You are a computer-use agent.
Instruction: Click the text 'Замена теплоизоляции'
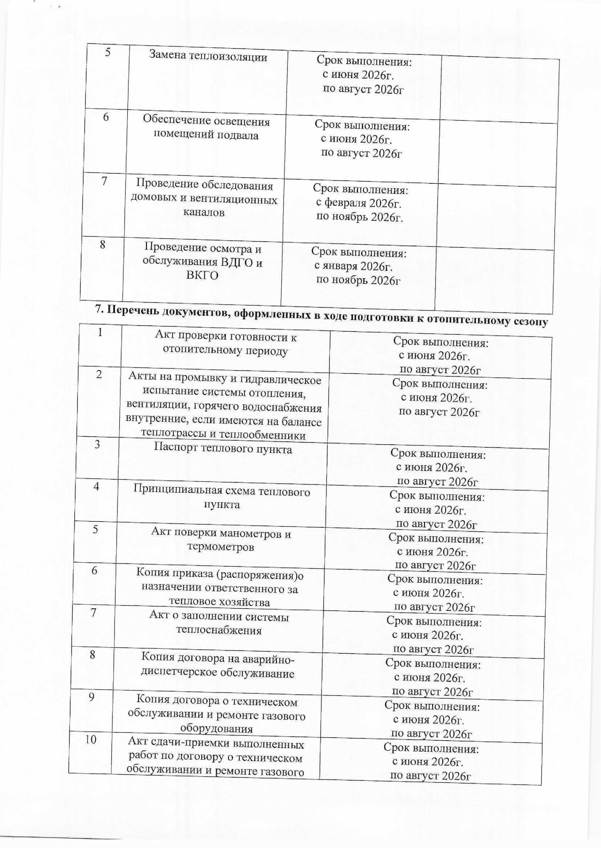(x=208, y=57)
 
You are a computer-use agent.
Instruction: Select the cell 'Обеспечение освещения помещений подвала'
(x=206, y=128)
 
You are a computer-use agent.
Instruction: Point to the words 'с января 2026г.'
(x=353, y=266)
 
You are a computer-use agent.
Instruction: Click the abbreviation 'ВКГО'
(x=202, y=276)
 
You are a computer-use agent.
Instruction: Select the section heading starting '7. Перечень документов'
(x=322, y=315)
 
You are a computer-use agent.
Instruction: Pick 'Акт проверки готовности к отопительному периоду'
(x=226, y=344)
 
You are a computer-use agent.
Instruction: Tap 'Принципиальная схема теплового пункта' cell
(x=222, y=498)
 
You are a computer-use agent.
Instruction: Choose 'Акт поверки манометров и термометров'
(x=221, y=540)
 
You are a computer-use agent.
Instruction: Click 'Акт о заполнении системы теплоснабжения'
(x=219, y=623)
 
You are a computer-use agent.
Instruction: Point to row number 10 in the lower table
(x=91, y=739)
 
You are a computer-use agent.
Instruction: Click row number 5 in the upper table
(x=107, y=52)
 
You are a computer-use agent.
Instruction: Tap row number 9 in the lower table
(x=92, y=697)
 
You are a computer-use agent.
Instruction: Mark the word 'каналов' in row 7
(x=204, y=212)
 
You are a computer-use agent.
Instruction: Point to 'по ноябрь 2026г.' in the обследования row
(x=360, y=217)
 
